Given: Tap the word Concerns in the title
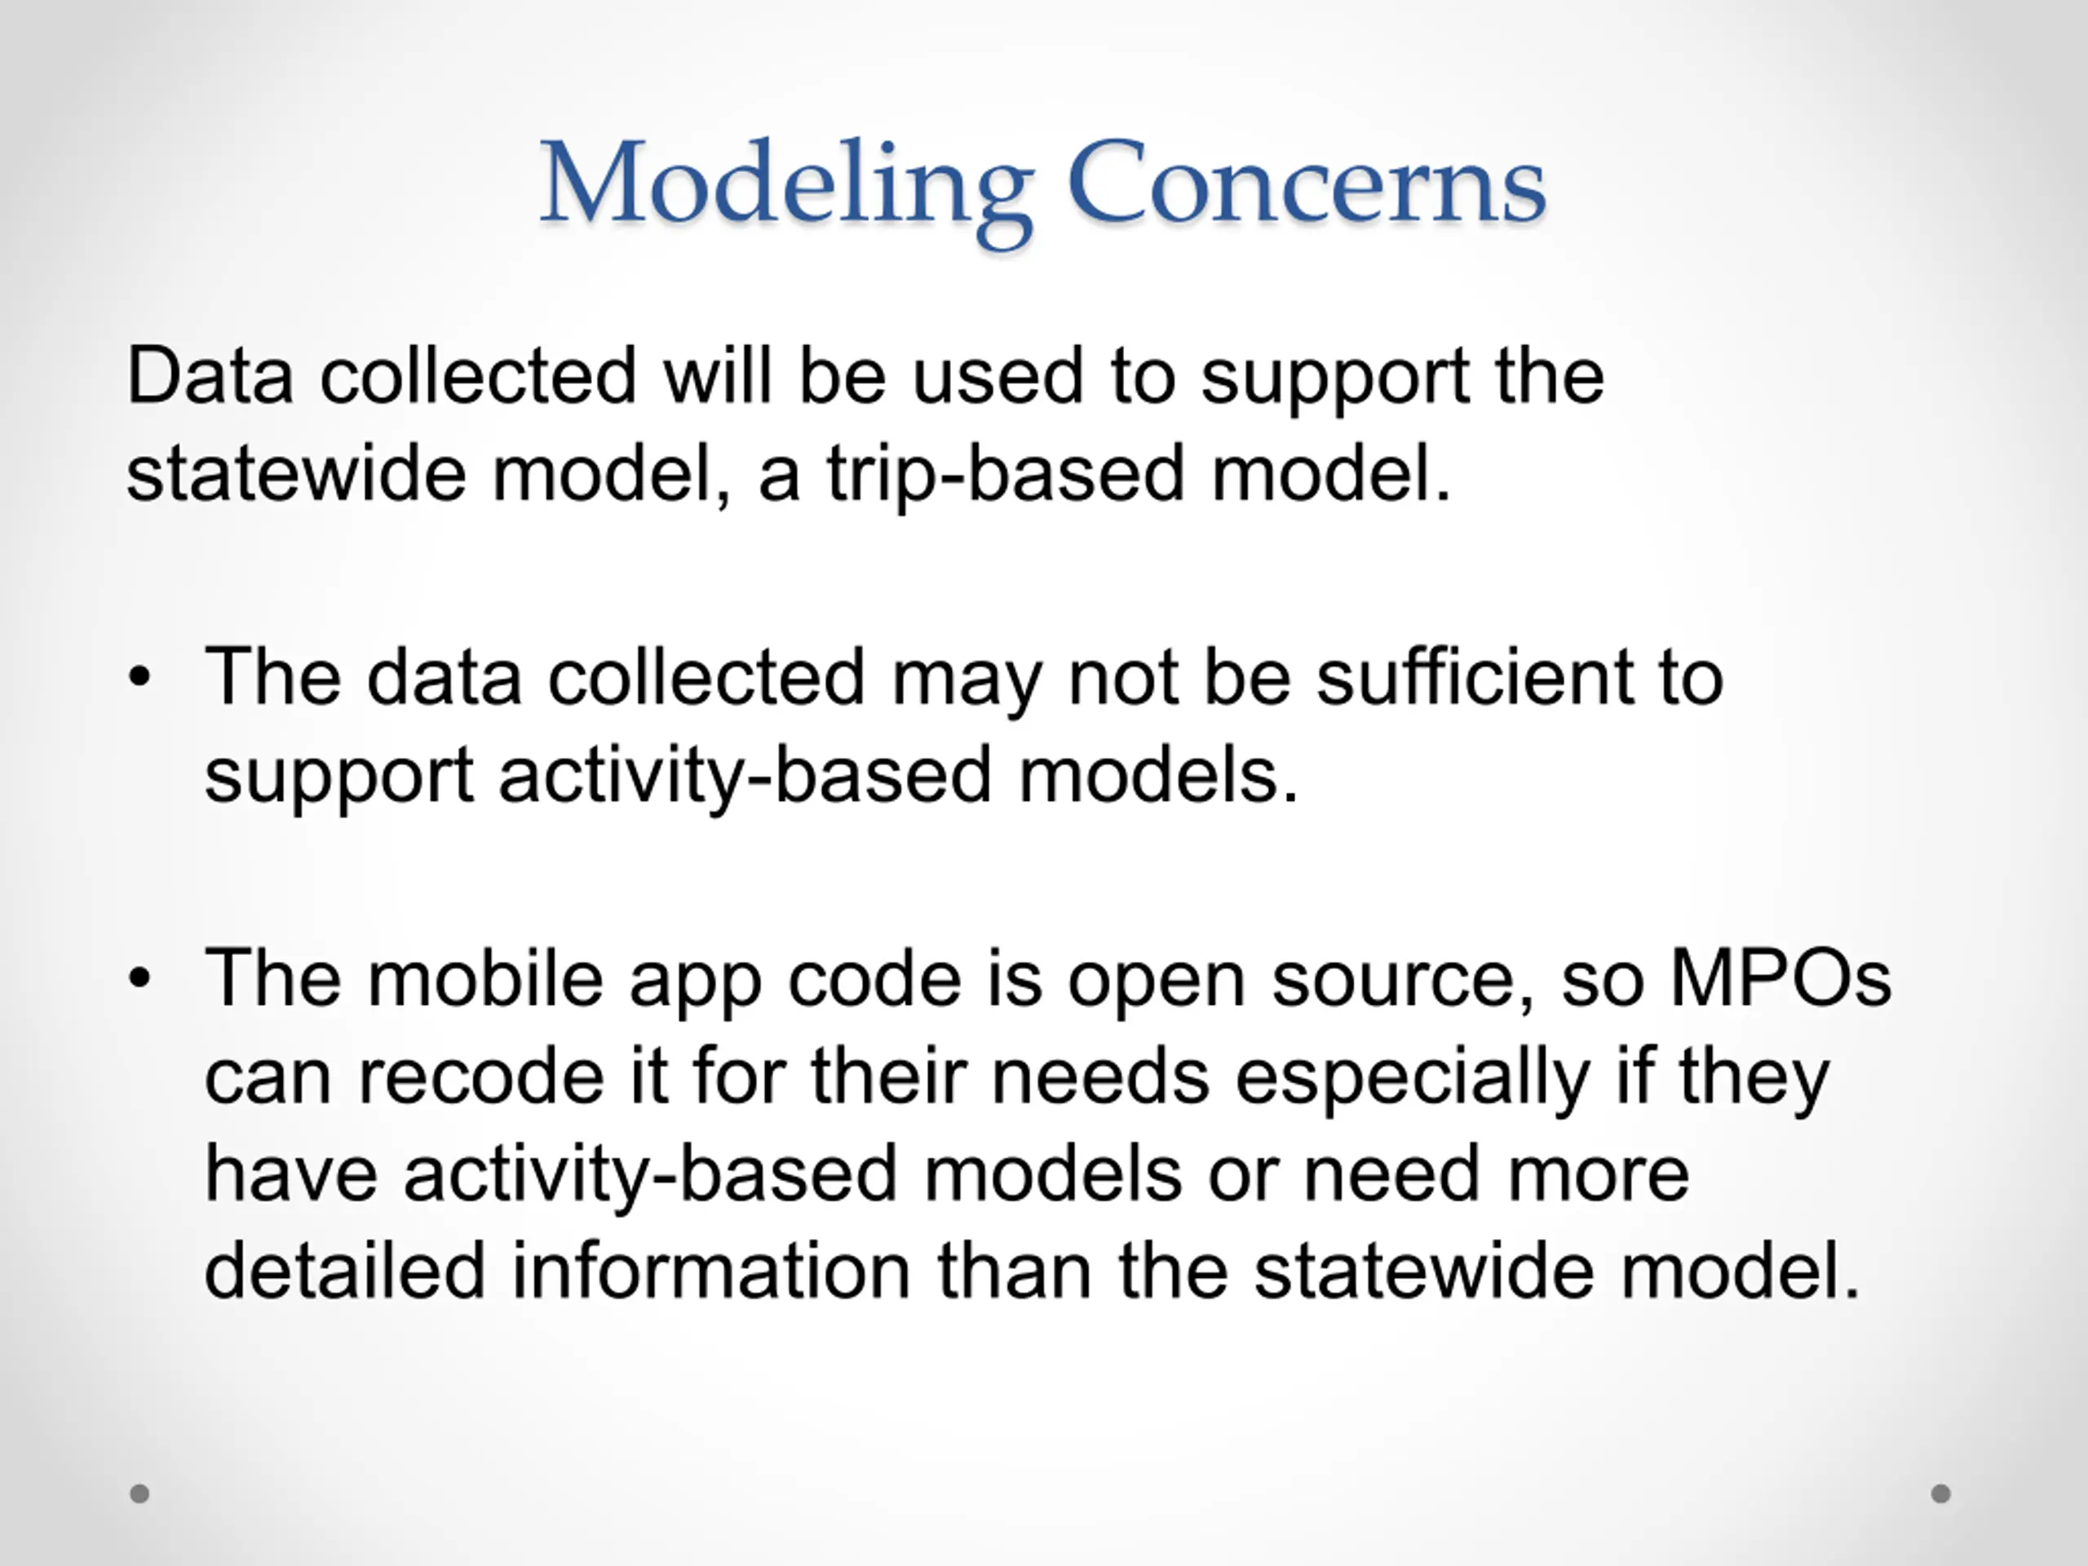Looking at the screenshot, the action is pos(1307,181).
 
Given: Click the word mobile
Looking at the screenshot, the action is pos(485,978).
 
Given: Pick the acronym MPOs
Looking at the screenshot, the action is pos(1781,978).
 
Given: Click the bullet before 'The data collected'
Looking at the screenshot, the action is pos(139,677).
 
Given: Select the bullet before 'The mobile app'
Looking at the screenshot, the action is pos(139,979).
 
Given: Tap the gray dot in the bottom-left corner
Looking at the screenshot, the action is pos(139,1493).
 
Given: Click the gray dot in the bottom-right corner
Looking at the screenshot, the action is pos(1940,1493).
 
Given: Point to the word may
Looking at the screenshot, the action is pos(967,684).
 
